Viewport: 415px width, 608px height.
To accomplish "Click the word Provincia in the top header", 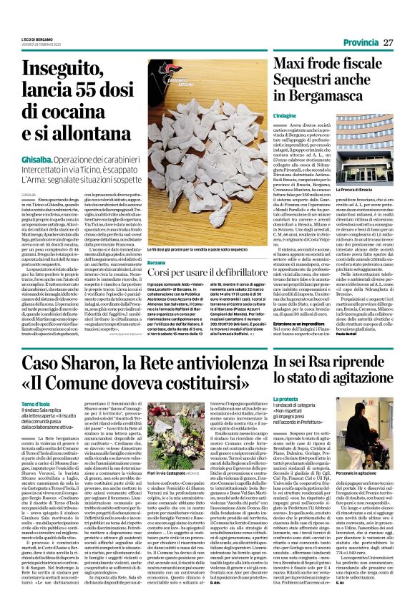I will [x=361, y=42].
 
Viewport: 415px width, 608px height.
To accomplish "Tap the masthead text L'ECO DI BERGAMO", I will [x=38, y=39].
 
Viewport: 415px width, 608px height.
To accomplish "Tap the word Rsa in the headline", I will [x=325, y=365].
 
